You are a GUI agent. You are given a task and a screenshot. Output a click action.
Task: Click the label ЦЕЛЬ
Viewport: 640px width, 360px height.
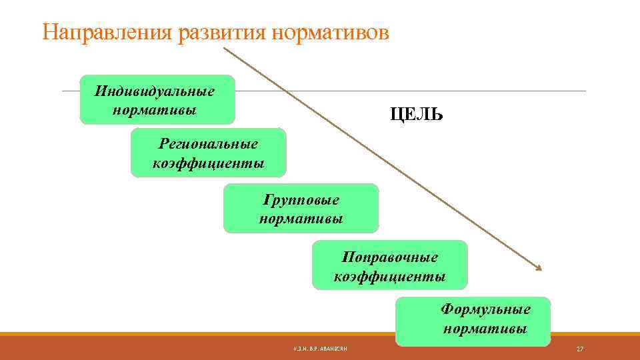[x=417, y=115]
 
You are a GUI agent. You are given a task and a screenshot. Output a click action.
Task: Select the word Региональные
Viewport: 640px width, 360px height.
[x=208, y=143]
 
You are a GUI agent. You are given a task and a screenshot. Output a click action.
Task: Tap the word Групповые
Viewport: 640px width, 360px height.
[x=301, y=200]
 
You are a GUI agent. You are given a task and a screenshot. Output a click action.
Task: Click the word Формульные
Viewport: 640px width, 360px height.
[x=485, y=309]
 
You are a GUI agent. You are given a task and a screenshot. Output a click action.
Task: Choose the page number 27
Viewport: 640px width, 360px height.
[x=580, y=349]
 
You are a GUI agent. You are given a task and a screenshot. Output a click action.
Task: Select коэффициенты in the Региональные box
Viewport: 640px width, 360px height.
[x=208, y=163]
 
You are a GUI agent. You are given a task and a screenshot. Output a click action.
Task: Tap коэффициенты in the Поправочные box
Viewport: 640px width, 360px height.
[x=390, y=276]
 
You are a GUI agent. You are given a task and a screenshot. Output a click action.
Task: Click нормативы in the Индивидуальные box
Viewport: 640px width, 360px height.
[x=155, y=109]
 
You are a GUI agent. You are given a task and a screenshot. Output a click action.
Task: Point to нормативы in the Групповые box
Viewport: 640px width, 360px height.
[x=301, y=219]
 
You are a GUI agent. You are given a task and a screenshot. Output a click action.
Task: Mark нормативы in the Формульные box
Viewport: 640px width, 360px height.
[x=485, y=329]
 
